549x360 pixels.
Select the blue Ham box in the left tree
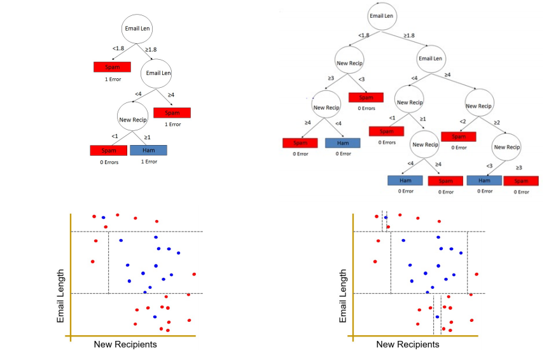click(x=148, y=150)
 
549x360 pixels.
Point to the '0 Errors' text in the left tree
click(x=109, y=162)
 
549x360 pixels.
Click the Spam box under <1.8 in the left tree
click(x=112, y=67)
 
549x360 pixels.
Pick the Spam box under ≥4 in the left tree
click(x=172, y=113)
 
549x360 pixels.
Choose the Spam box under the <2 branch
click(x=459, y=135)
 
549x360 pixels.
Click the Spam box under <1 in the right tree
click(x=387, y=131)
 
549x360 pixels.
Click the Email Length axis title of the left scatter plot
click(x=61, y=295)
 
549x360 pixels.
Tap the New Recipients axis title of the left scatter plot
click(x=125, y=344)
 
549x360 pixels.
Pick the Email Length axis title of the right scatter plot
click(x=344, y=295)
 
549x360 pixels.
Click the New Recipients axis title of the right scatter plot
click(x=407, y=344)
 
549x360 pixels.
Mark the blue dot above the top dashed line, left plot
click(x=103, y=218)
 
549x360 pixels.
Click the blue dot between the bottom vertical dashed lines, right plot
click(x=437, y=316)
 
